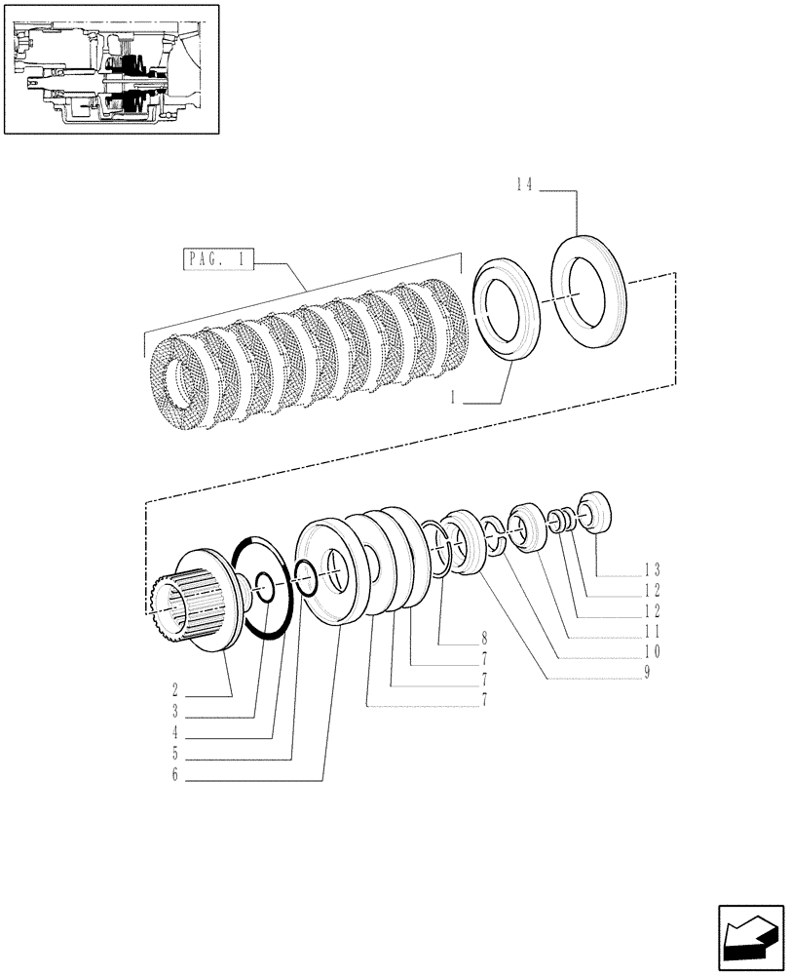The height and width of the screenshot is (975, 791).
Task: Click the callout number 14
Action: pos(524,185)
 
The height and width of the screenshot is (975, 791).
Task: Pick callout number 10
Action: pos(654,651)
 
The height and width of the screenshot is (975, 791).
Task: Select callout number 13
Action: pos(654,568)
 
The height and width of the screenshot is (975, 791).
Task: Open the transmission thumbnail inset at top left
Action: pos(110,68)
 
